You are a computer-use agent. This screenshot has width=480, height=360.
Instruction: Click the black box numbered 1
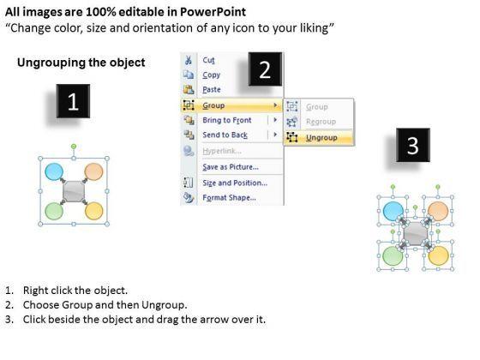coord(73,101)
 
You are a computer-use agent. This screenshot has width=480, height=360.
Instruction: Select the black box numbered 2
coord(265,69)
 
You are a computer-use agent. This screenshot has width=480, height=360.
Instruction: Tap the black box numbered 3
coord(413,145)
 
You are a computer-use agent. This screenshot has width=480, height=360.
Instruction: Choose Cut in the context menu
coord(209,60)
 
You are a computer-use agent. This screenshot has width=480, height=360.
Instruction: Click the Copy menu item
coord(211,75)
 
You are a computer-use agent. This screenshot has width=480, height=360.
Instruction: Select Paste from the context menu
coord(212,90)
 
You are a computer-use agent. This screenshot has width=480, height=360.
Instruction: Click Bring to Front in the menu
coord(227,120)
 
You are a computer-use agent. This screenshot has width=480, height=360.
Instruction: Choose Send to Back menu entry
coord(225,135)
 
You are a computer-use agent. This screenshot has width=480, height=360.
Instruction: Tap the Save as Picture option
coord(231,167)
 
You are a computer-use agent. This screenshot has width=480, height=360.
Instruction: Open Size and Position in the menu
coord(235,183)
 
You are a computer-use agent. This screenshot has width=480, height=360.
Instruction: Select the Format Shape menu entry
coord(230,198)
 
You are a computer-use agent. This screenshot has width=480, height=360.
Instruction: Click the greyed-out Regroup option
coord(321,122)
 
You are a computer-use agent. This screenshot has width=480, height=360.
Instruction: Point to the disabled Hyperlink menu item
coord(222,151)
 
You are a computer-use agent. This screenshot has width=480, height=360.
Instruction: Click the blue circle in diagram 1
coord(54,171)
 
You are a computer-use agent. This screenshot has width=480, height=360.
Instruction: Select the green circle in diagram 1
coord(54,211)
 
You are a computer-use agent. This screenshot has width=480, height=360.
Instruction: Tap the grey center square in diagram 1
coord(74,191)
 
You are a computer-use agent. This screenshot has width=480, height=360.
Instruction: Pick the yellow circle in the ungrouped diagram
coord(438,255)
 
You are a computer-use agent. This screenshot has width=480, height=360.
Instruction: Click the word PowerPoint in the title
coord(213,12)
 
